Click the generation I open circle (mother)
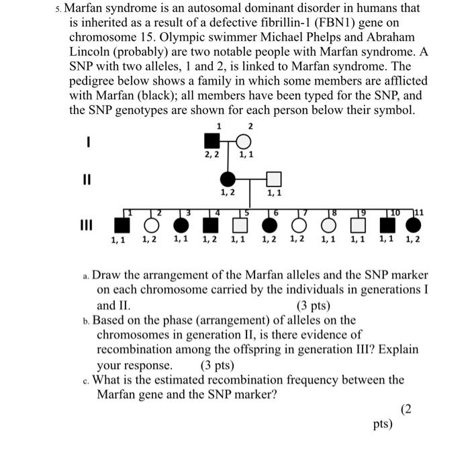click(243, 141)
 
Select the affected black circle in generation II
click(228, 179)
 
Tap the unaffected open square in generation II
click(273, 179)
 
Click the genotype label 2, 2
click(212, 156)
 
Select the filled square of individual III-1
click(122, 223)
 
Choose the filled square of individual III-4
click(211, 223)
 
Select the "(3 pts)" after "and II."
click(312, 305)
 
